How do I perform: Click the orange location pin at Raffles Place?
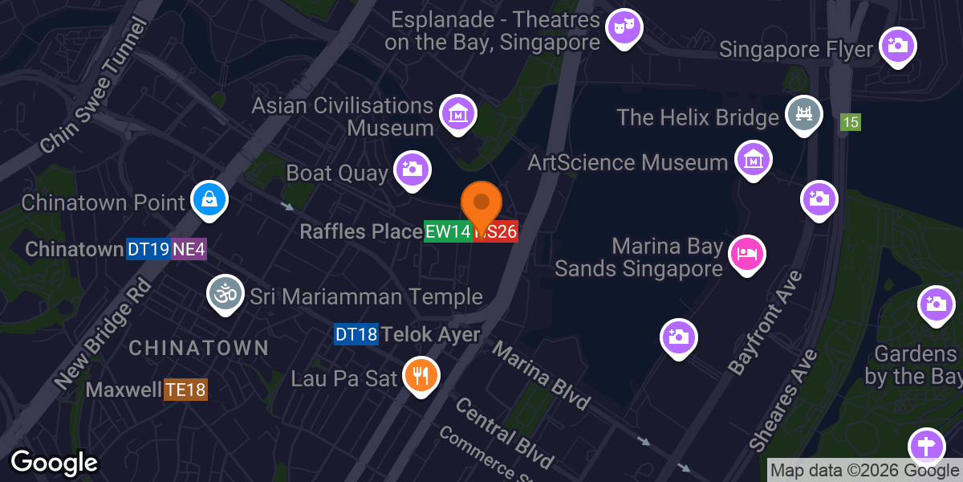pos(481,203)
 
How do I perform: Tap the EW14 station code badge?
pos(448,232)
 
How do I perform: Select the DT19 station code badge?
pos(148,249)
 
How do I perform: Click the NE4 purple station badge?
pos(189,249)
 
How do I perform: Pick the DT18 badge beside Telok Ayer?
pos(356,334)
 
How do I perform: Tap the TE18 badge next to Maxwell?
pos(185,390)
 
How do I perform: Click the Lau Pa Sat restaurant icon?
pos(420,374)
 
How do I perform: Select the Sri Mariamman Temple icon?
pos(226,294)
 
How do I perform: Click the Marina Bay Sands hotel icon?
pos(746,254)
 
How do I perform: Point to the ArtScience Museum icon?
pos(754,160)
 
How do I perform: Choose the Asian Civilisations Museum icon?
pos(457,113)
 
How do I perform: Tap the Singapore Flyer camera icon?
pos(898,46)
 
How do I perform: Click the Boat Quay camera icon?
pos(412,169)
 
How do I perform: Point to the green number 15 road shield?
pos(851,123)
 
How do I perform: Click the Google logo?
pos(54,463)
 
